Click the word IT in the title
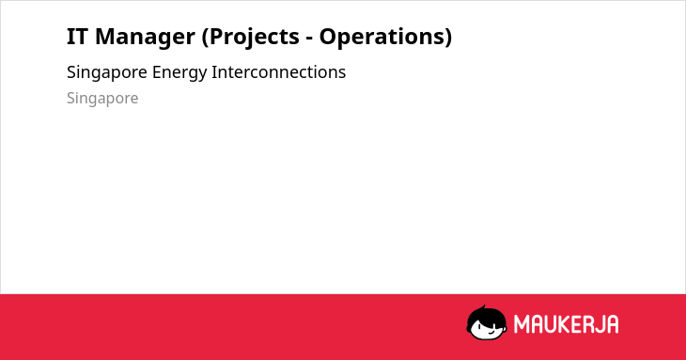(77, 37)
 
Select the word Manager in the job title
(145, 38)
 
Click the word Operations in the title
(381, 38)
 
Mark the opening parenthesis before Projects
(205, 38)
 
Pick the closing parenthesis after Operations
(447, 38)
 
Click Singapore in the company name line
(107, 73)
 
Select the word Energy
(179, 73)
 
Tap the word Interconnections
(279, 72)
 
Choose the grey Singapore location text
(102, 99)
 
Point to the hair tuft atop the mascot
(483, 307)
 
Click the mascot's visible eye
(478, 327)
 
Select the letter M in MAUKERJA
(522, 324)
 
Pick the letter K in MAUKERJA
(565, 324)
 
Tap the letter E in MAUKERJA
(576, 324)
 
